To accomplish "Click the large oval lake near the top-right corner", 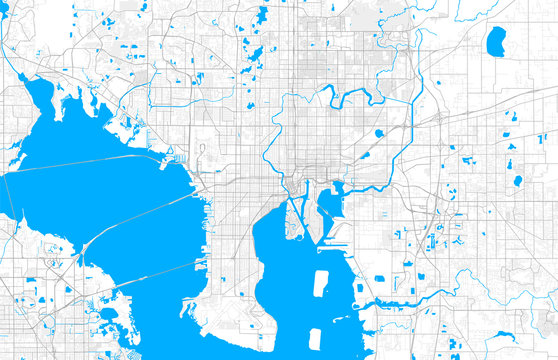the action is click(495, 41).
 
